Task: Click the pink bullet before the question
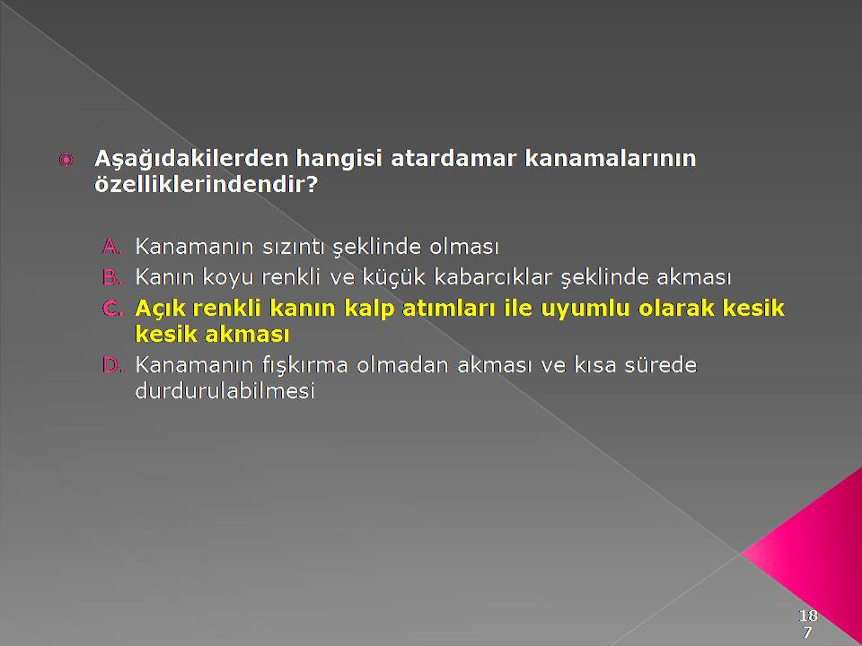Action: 66,160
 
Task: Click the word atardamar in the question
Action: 453,158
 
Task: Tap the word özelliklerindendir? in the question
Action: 207,184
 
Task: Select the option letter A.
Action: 111,246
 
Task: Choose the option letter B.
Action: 111,277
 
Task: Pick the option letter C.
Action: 111,308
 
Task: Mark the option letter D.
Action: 112,365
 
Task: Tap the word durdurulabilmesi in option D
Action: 224,390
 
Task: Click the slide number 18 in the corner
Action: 808,615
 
